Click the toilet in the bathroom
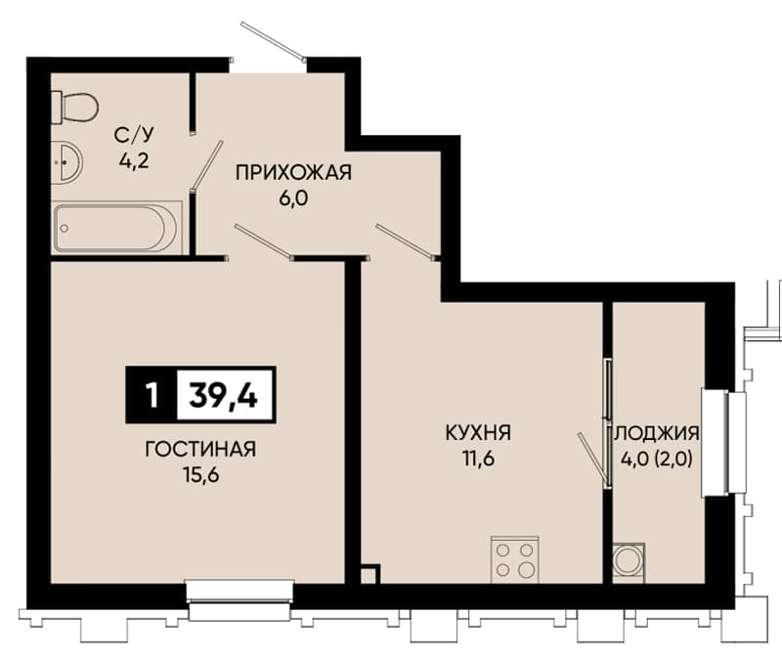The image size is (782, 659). (x=75, y=108)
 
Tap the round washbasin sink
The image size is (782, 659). (x=67, y=162)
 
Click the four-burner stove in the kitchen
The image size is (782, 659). (x=515, y=559)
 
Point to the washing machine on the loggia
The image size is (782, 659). (x=629, y=562)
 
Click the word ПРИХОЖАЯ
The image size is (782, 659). (x=293, y=173)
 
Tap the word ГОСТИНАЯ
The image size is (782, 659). (x=200, y=450)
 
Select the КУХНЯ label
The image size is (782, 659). (x=478, y=432)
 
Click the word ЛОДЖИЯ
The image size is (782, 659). (x=656, y=433)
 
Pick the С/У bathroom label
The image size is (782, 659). (x=134, y=135)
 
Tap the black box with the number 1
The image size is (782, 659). (x=152, y=395)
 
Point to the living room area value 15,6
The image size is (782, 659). (x=201, y=475)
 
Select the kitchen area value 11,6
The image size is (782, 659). (x=478, y=459)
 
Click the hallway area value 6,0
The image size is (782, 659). (x=293, y=198)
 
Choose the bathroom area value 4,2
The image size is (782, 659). (x=134, y=160)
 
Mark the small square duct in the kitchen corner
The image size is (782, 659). (x=370, y=574)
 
